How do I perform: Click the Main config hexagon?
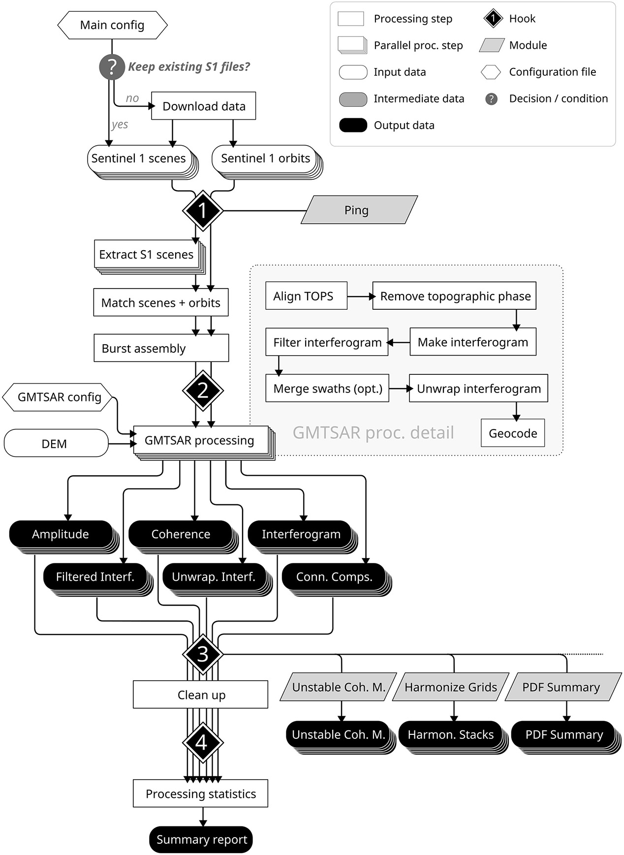click(112, 25)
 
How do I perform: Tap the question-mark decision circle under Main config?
click(112, 67)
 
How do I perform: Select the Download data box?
click(203, 106)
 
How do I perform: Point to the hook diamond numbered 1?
click(203, 211)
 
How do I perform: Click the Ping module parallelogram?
click(359, 210)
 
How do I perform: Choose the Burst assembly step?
click(161, 348)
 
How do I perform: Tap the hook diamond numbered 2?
click(203, 391)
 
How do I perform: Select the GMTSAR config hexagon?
click(58, 397)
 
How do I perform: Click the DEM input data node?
click(56, 443)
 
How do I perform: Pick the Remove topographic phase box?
click(454, 296)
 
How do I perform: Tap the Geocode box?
click(513, 433)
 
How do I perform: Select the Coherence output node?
click(180, 534)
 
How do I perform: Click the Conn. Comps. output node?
click(334, 577)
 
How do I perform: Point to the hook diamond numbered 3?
click(203, 655)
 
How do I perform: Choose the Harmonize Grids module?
click(450, 687)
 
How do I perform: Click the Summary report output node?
click(201, 840)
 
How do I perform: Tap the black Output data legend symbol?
click(353, 125)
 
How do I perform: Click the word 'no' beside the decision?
click(132, 98)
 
